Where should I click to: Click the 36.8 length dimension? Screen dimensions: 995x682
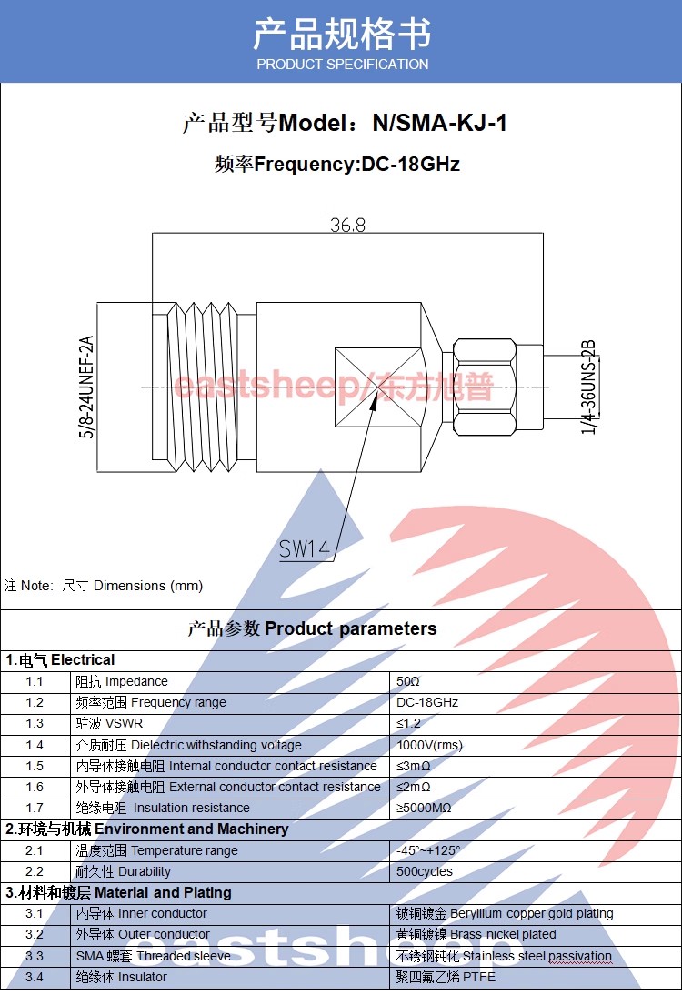tap(347, 224)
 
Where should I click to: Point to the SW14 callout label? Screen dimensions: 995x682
tap(304, 548)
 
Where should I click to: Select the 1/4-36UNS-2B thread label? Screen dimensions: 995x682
tap(588, 387)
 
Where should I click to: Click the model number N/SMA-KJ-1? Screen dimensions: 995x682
tap(439, 124)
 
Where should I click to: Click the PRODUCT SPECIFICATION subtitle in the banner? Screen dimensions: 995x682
tap(342, 65)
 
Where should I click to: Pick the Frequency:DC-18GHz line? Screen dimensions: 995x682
tap(337, 165)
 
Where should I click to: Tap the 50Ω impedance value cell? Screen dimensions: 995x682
tap(408, 681)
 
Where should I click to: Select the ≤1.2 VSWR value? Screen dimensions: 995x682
tap(409, 723)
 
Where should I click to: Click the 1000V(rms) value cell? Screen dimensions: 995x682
tap(429, 745)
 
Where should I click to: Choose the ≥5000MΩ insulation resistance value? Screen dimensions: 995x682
tap(424, 808)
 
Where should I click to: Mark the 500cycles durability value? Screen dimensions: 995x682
tap(424, 871)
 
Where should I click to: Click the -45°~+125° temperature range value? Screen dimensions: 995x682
tap(428, 850)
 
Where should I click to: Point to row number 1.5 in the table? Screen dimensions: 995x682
tap(35, 766)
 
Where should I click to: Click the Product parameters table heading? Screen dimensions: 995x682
tap(312, 628)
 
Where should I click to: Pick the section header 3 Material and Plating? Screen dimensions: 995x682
tap(119, 892)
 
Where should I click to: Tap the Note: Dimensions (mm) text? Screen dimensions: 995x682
tap(104, 586)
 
